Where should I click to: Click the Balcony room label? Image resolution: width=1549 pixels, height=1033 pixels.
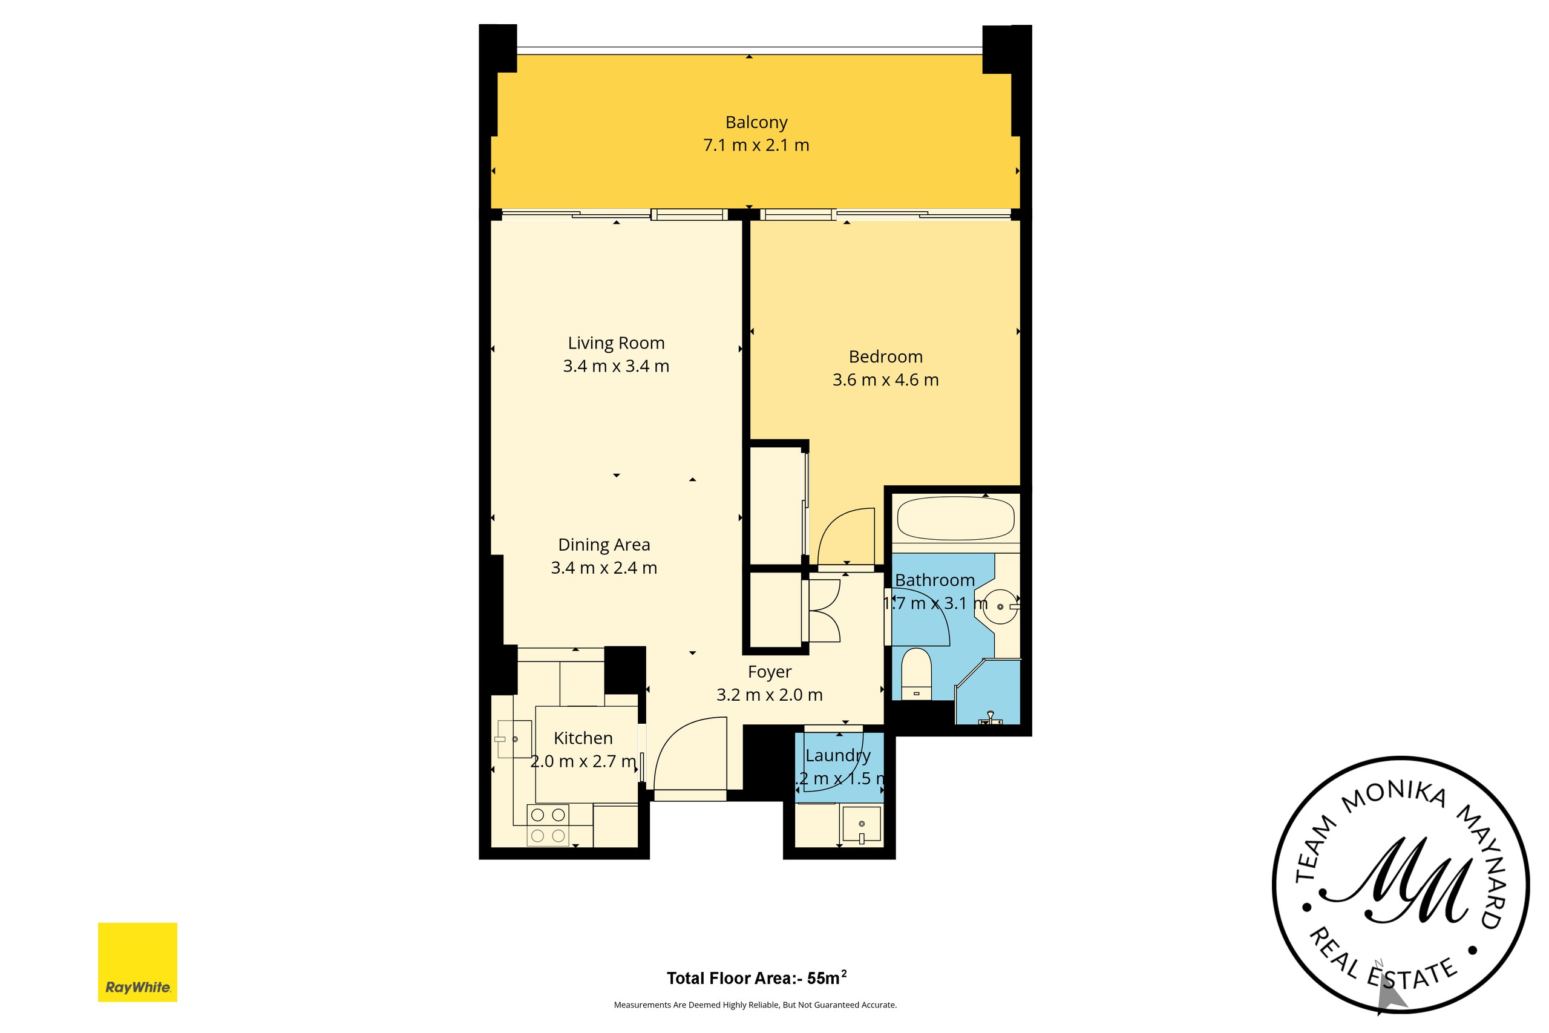click(756, 122)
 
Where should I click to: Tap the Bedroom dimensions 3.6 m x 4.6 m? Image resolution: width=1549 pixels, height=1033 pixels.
click(885, 380)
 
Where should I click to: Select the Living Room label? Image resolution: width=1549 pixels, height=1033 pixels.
click(616, 343)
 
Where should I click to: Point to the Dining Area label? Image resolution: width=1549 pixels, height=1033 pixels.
click(604, 545)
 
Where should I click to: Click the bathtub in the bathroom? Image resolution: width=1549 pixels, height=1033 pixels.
click(955, 519)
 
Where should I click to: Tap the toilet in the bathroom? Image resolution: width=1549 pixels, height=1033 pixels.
click(915, 672)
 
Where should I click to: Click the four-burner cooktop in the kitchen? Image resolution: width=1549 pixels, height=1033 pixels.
click(548, 825)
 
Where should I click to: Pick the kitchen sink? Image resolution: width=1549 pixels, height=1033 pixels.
click(514, 739)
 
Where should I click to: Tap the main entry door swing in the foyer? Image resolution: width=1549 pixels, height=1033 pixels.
click(688, 755)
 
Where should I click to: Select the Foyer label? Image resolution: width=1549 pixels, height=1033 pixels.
click(769, 672)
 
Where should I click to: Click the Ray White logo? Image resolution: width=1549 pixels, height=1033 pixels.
click(137, 962)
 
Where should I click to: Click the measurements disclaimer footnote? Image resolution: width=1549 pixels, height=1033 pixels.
click(755, 1005)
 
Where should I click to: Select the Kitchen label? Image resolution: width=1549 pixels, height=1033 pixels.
click(583, 738)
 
